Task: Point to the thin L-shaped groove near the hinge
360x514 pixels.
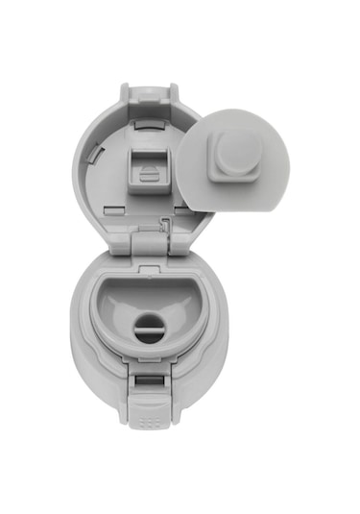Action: (168, 227)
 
